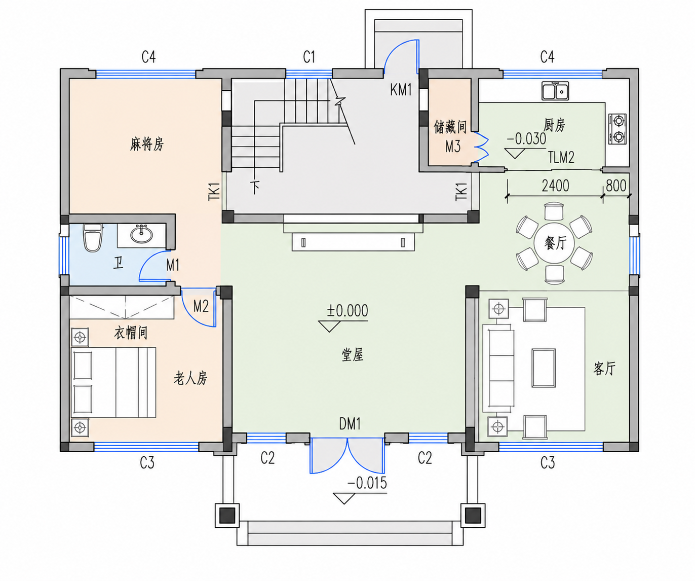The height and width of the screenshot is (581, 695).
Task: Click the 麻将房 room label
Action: [x=147, y=144]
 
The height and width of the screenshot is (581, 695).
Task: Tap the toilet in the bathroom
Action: [x=93, y=238]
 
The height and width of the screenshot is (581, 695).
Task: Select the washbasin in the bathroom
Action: [x=141, y=234]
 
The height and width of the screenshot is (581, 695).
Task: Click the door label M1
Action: [x=173, y=265]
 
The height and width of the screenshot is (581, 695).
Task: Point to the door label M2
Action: [x=201, y=306]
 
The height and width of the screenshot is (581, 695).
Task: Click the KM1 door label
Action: [x=401, y=90]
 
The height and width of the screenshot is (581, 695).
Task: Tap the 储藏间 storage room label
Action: [x=450, y=127]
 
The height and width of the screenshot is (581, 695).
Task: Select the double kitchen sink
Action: [x=555, y=91]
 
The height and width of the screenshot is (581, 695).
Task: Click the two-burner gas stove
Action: [x=618, y=129]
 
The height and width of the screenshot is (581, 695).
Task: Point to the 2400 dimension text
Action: [x=555, y=186]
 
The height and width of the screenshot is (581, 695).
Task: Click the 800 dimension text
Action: [x=616, y=186]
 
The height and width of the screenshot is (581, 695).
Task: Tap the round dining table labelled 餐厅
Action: [x=555, y=243]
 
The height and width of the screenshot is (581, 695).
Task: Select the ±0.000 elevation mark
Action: [x=347, y=310]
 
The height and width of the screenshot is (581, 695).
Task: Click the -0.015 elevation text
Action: [x=367, y=483]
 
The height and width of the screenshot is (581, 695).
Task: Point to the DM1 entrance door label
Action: [x=350, y=424]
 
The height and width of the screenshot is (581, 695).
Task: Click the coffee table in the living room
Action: [x=544, y=368]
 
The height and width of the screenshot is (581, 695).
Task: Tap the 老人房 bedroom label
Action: [x=190, y=378]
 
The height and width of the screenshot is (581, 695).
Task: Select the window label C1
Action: [x=309, y=57]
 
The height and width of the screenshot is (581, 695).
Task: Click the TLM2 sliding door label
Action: [x=561, y=158]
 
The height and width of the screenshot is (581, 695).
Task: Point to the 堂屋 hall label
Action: [x=353, y=355]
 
